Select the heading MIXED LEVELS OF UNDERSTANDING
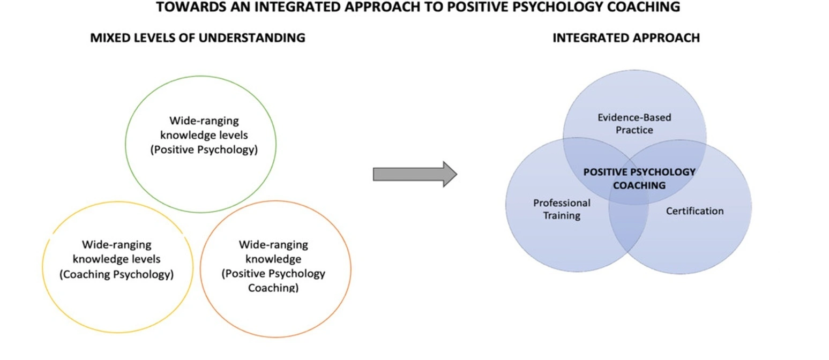[x=198, y=38]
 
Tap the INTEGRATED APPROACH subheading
[x=625, y=38]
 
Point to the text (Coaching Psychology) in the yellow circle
[x=116, y=275]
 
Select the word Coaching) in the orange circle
[x=273, y=288]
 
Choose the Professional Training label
[x=562, y=209]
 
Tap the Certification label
[x=694, y=211]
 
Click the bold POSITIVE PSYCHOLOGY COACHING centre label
[x=639, y=179]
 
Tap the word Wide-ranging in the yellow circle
[x=117, y=245]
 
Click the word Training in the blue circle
[x=562, y=216]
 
